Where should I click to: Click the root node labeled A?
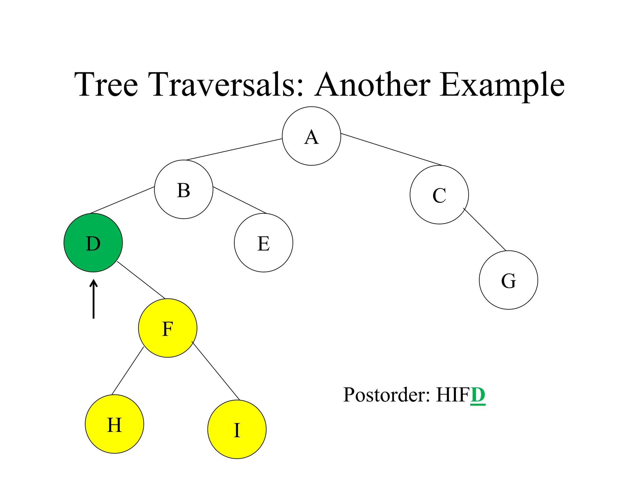pos(311,136)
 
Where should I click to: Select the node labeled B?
pos(183,189)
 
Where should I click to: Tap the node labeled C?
pos(439,195)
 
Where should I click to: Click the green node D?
pos(93,243)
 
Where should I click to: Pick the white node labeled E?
pos(263,243)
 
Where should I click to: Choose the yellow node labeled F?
pos(168,328)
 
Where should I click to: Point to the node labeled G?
pos(508,280)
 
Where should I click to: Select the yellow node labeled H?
pos(114,424)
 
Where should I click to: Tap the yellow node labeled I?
pos(237,429)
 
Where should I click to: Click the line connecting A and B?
pos(234,149)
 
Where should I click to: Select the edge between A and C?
pos(392,149)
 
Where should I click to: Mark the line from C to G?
pos(485,229)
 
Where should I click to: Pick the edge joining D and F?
pos(141,280)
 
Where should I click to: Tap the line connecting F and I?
pos(216,371)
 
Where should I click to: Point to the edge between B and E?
pos(239,200)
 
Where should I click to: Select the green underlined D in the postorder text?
pos(478,395)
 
